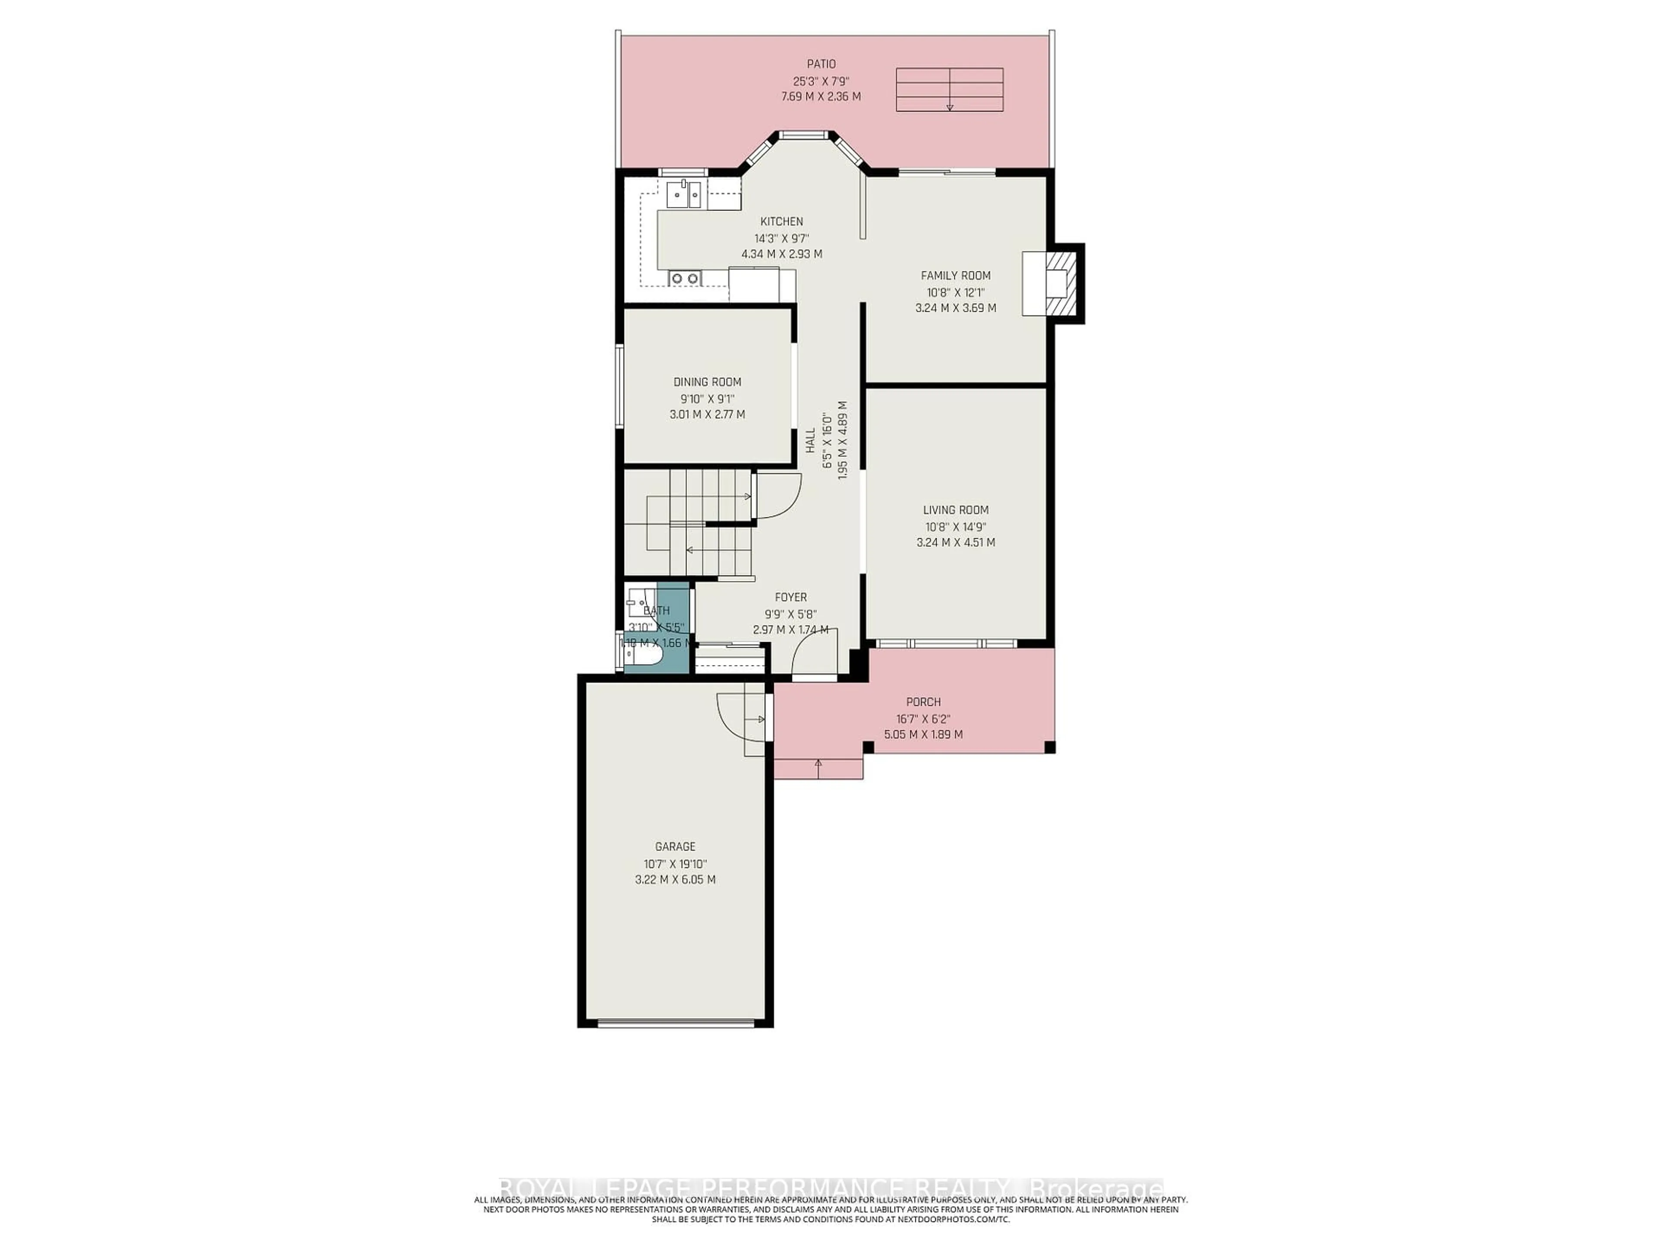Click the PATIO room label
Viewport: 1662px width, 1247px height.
821,64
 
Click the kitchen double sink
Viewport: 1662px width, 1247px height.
158,195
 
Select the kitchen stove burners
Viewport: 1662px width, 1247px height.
158,278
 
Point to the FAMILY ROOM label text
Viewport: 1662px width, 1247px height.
956,275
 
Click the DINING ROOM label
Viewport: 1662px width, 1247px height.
707,382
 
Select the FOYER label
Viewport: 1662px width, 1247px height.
790,597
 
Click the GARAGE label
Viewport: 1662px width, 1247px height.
675,846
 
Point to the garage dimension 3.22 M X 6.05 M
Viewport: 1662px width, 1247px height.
675,879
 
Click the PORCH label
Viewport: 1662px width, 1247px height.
923,701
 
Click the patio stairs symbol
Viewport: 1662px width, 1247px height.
949,90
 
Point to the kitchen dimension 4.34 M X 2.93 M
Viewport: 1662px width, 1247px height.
781,254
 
